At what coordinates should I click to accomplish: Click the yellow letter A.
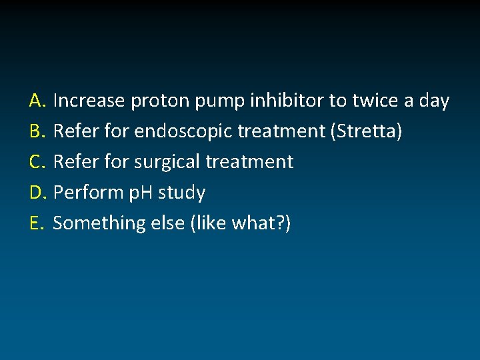(36, 101)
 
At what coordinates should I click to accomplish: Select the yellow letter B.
(36, 132)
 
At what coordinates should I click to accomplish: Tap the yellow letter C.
(36, 162)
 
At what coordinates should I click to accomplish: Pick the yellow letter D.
(37, 193)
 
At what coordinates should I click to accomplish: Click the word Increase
(89, 101)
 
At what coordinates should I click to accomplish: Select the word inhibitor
(287, 101)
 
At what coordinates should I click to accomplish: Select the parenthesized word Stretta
(366, 132)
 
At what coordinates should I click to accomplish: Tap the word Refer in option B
(74, 132)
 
